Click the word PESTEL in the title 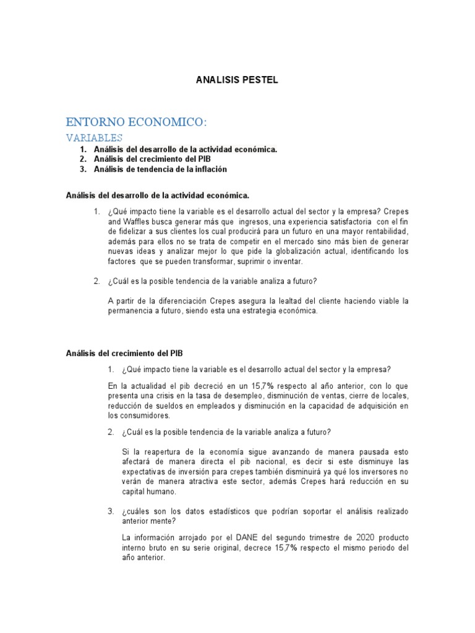coord(260,80)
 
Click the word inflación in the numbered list coord(211,169)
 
